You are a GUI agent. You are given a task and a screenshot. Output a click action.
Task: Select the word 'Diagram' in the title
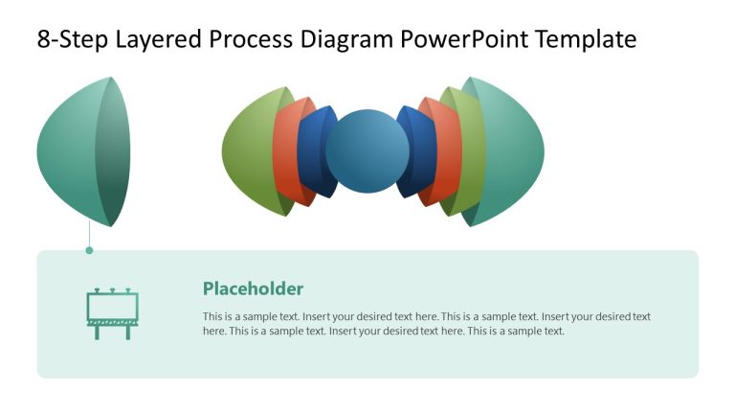[349, 39]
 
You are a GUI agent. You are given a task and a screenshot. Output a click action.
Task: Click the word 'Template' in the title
[585, 39]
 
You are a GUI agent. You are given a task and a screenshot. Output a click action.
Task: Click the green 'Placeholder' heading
[253, 288]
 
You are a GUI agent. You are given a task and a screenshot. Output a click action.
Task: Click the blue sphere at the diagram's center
[367, 151]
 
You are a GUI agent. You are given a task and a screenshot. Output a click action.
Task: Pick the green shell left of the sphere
[247, 151]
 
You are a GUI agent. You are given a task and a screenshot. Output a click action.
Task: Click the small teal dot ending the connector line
[89, 250]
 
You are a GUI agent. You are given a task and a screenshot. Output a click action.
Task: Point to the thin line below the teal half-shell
[89, 236]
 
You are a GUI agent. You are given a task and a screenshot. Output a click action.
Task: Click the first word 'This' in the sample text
[212, 316]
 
